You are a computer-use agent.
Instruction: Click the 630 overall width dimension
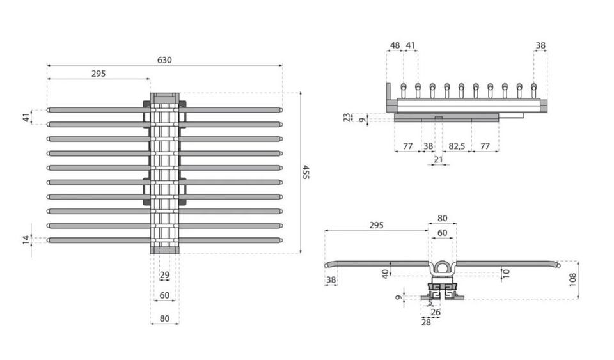click(164, 60)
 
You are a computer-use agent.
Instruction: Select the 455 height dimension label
click(305, 172)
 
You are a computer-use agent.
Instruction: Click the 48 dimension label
click(394, 46)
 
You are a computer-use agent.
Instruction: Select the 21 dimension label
click(438, 159)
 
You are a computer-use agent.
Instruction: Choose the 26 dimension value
click(436, 313)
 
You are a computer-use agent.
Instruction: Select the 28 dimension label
click(427, 322)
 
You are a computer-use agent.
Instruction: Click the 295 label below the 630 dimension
click(98, 74)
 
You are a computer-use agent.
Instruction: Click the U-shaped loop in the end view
click(442, 266)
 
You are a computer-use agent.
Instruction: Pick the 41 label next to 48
click(411, 46)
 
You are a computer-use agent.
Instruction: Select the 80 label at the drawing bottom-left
click(164, 318)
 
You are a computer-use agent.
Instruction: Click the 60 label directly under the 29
click(164, 295)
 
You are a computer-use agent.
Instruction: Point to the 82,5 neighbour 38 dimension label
click(428, 146)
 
